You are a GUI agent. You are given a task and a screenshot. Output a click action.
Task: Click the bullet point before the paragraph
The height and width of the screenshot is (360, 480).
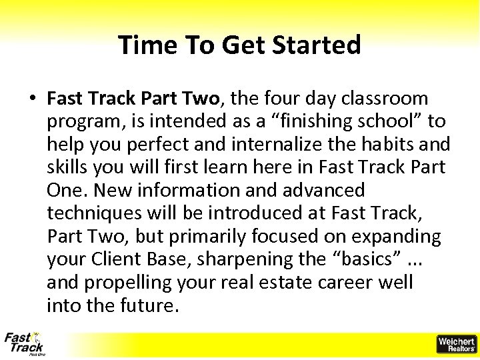point(33,99)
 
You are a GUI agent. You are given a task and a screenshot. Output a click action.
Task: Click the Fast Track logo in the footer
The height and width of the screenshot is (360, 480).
point(24,344)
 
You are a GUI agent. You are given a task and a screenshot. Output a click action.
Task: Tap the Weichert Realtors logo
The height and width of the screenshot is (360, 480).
point(456,344)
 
